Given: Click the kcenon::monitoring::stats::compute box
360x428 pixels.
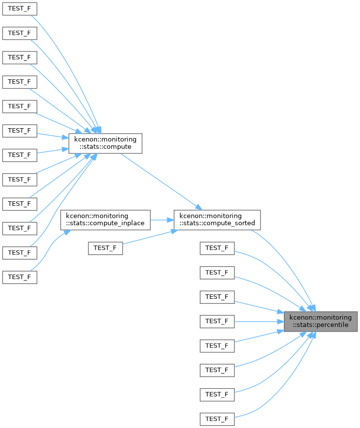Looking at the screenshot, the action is tap(105, 143).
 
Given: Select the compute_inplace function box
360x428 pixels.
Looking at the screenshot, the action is tap(105, 220).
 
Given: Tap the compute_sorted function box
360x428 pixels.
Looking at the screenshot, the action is tap(217, 220).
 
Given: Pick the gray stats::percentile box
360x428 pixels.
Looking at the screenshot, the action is tap(320, 322).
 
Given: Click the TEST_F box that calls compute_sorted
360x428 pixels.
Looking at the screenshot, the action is tap(105, 248).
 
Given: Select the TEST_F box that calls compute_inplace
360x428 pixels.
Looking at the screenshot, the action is tap(20, 277).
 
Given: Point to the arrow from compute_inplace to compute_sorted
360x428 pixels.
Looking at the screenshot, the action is tap(162, 220).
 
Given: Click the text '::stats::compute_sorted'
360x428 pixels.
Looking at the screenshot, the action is tap(217, 223).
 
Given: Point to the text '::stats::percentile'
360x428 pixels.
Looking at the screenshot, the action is tap(320, 325).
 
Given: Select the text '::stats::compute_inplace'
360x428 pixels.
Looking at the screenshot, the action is tap(105, 223).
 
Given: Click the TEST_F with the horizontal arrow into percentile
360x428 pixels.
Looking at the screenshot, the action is tap(217, 322).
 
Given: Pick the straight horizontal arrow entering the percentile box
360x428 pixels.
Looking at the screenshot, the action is tap(259, 322).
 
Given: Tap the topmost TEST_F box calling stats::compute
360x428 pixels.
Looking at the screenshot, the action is tap(20, 9).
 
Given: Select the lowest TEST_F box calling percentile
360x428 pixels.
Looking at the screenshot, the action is tap(217, 419).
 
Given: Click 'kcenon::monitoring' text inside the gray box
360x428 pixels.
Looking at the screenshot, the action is tap(320, 318).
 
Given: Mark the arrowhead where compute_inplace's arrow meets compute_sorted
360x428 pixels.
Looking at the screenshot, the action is tap(171, 220).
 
